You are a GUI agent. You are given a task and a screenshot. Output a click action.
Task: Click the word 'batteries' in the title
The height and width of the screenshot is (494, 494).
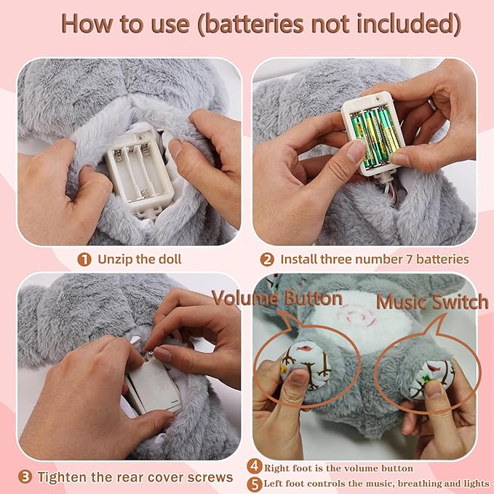point(255,23)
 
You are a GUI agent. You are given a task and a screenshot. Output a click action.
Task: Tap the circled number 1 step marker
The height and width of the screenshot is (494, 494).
point(84,260)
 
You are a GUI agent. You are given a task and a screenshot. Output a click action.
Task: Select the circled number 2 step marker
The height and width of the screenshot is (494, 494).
point(267,260)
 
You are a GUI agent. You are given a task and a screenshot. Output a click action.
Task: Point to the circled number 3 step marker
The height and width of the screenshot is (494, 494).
point(25,477)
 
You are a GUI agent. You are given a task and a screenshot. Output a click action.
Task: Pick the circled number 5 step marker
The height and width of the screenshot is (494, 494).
point(255,485)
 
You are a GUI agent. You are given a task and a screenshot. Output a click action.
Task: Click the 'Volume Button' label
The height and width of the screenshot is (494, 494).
point(277,298)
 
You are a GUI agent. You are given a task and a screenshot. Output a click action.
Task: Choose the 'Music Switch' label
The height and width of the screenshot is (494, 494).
point(432,302)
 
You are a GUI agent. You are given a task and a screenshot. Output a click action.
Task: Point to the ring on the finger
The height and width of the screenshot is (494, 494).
point(432,104)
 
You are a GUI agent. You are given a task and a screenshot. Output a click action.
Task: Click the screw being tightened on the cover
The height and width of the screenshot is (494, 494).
point(151,354)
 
